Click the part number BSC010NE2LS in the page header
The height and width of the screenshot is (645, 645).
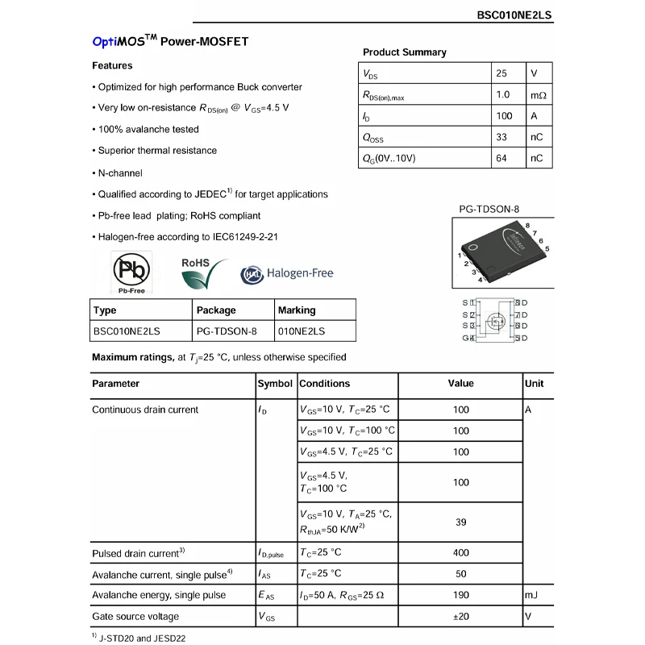click(514, 15)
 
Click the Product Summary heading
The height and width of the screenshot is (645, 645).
click(404, 52)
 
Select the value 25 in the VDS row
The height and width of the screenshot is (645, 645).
click(501, 73)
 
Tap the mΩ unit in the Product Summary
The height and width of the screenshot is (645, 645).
click(538, 95)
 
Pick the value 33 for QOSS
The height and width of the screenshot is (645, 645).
click(501, 137)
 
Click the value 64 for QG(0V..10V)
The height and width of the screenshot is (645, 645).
click(501, 158)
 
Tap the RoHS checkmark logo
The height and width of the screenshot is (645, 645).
click(198, 273)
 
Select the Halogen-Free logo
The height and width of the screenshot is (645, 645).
click(287, 274)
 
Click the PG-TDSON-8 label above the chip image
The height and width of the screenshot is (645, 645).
click(489, 210)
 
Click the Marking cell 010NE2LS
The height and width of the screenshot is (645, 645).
click(302, 331)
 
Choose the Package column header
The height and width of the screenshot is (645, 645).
click(216, 310)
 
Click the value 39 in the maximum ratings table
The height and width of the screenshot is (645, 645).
click(461, 522)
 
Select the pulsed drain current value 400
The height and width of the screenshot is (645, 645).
click(461, 552)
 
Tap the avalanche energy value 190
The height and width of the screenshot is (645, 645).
click(461, 595)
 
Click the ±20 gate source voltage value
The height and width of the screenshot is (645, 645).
click(461, 616)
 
